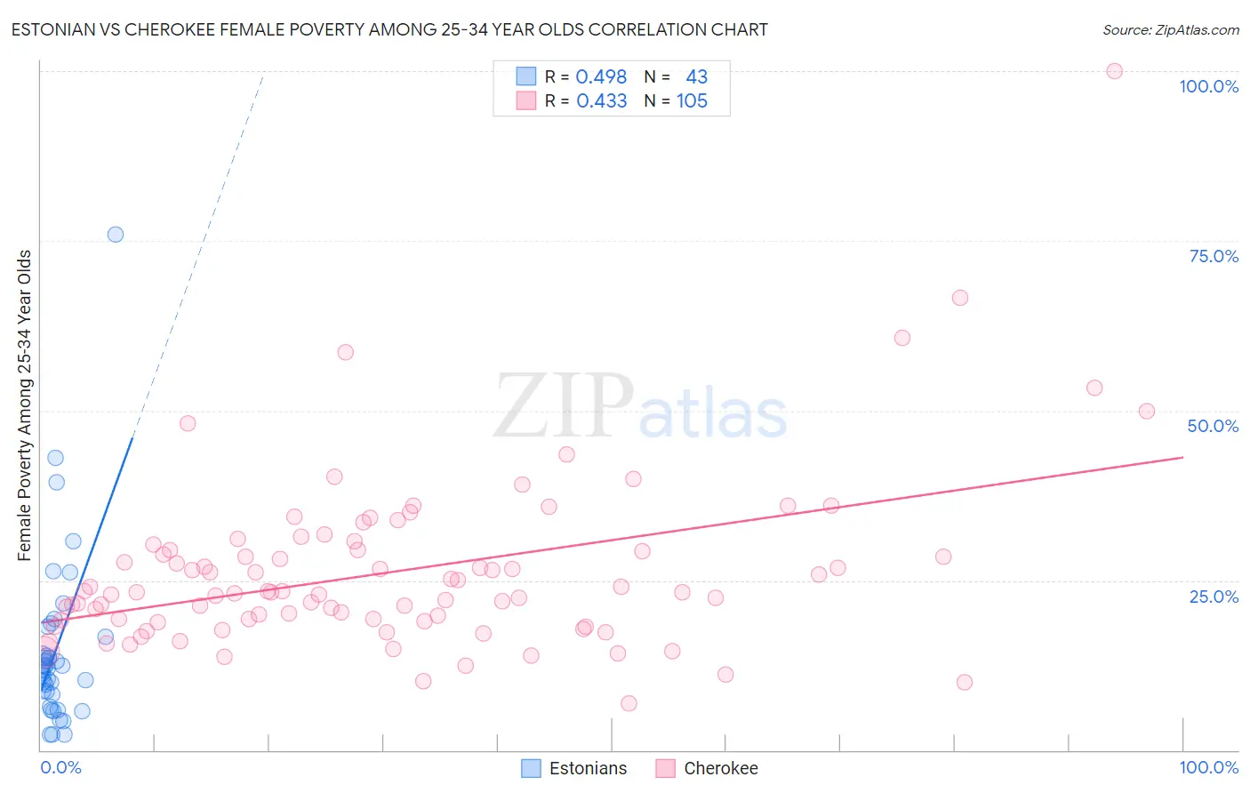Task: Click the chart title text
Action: point(389,29)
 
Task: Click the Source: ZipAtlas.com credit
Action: point(1170,29)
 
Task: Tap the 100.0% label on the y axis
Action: point(1208,86)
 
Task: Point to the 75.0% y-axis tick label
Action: point(1214,256)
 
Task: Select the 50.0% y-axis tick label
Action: point(1213,426)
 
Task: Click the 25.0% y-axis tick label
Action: point(1214,597)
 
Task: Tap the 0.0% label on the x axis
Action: point(60,767)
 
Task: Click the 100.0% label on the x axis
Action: point(1208,767)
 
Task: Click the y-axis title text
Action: point(24,405)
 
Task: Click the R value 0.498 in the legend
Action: point(601,76)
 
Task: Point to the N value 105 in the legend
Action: point(692,100)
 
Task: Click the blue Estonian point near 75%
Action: point(116,235)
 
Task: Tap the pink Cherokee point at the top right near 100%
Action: point(1114,71)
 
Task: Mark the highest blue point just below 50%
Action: point(55,458)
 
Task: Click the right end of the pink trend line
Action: point(1182,457)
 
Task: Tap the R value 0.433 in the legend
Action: point(601,100)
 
